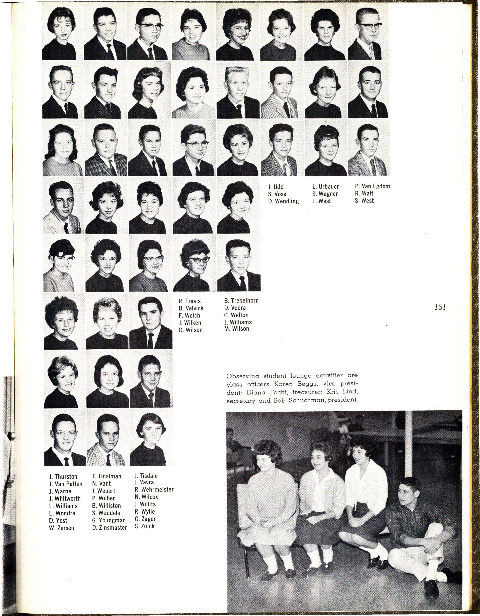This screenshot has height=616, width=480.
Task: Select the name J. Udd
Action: (276, 187)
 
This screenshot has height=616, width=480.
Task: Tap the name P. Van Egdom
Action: (372, 186)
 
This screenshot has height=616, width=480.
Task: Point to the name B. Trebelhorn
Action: (241, 300)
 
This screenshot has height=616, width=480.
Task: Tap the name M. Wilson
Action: (237, 329)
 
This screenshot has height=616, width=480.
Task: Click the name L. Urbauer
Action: (325, 187)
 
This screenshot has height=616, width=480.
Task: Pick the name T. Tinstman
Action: (107, 476)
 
